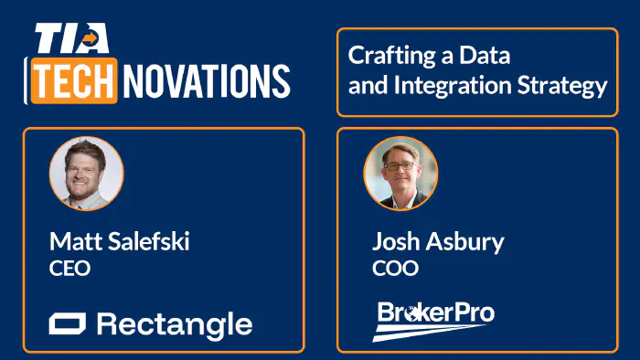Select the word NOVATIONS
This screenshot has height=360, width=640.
[207, 81]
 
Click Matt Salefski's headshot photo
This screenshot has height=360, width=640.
[86, 173]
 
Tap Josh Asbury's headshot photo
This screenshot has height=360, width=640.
[400, 173]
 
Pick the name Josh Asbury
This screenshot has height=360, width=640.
[438, 243]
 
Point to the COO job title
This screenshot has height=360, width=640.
[395, 270]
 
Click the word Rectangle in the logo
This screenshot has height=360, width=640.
[174, 323]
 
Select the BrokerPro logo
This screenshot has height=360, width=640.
[434, 320]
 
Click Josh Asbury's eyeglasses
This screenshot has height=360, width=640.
[400, 166]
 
